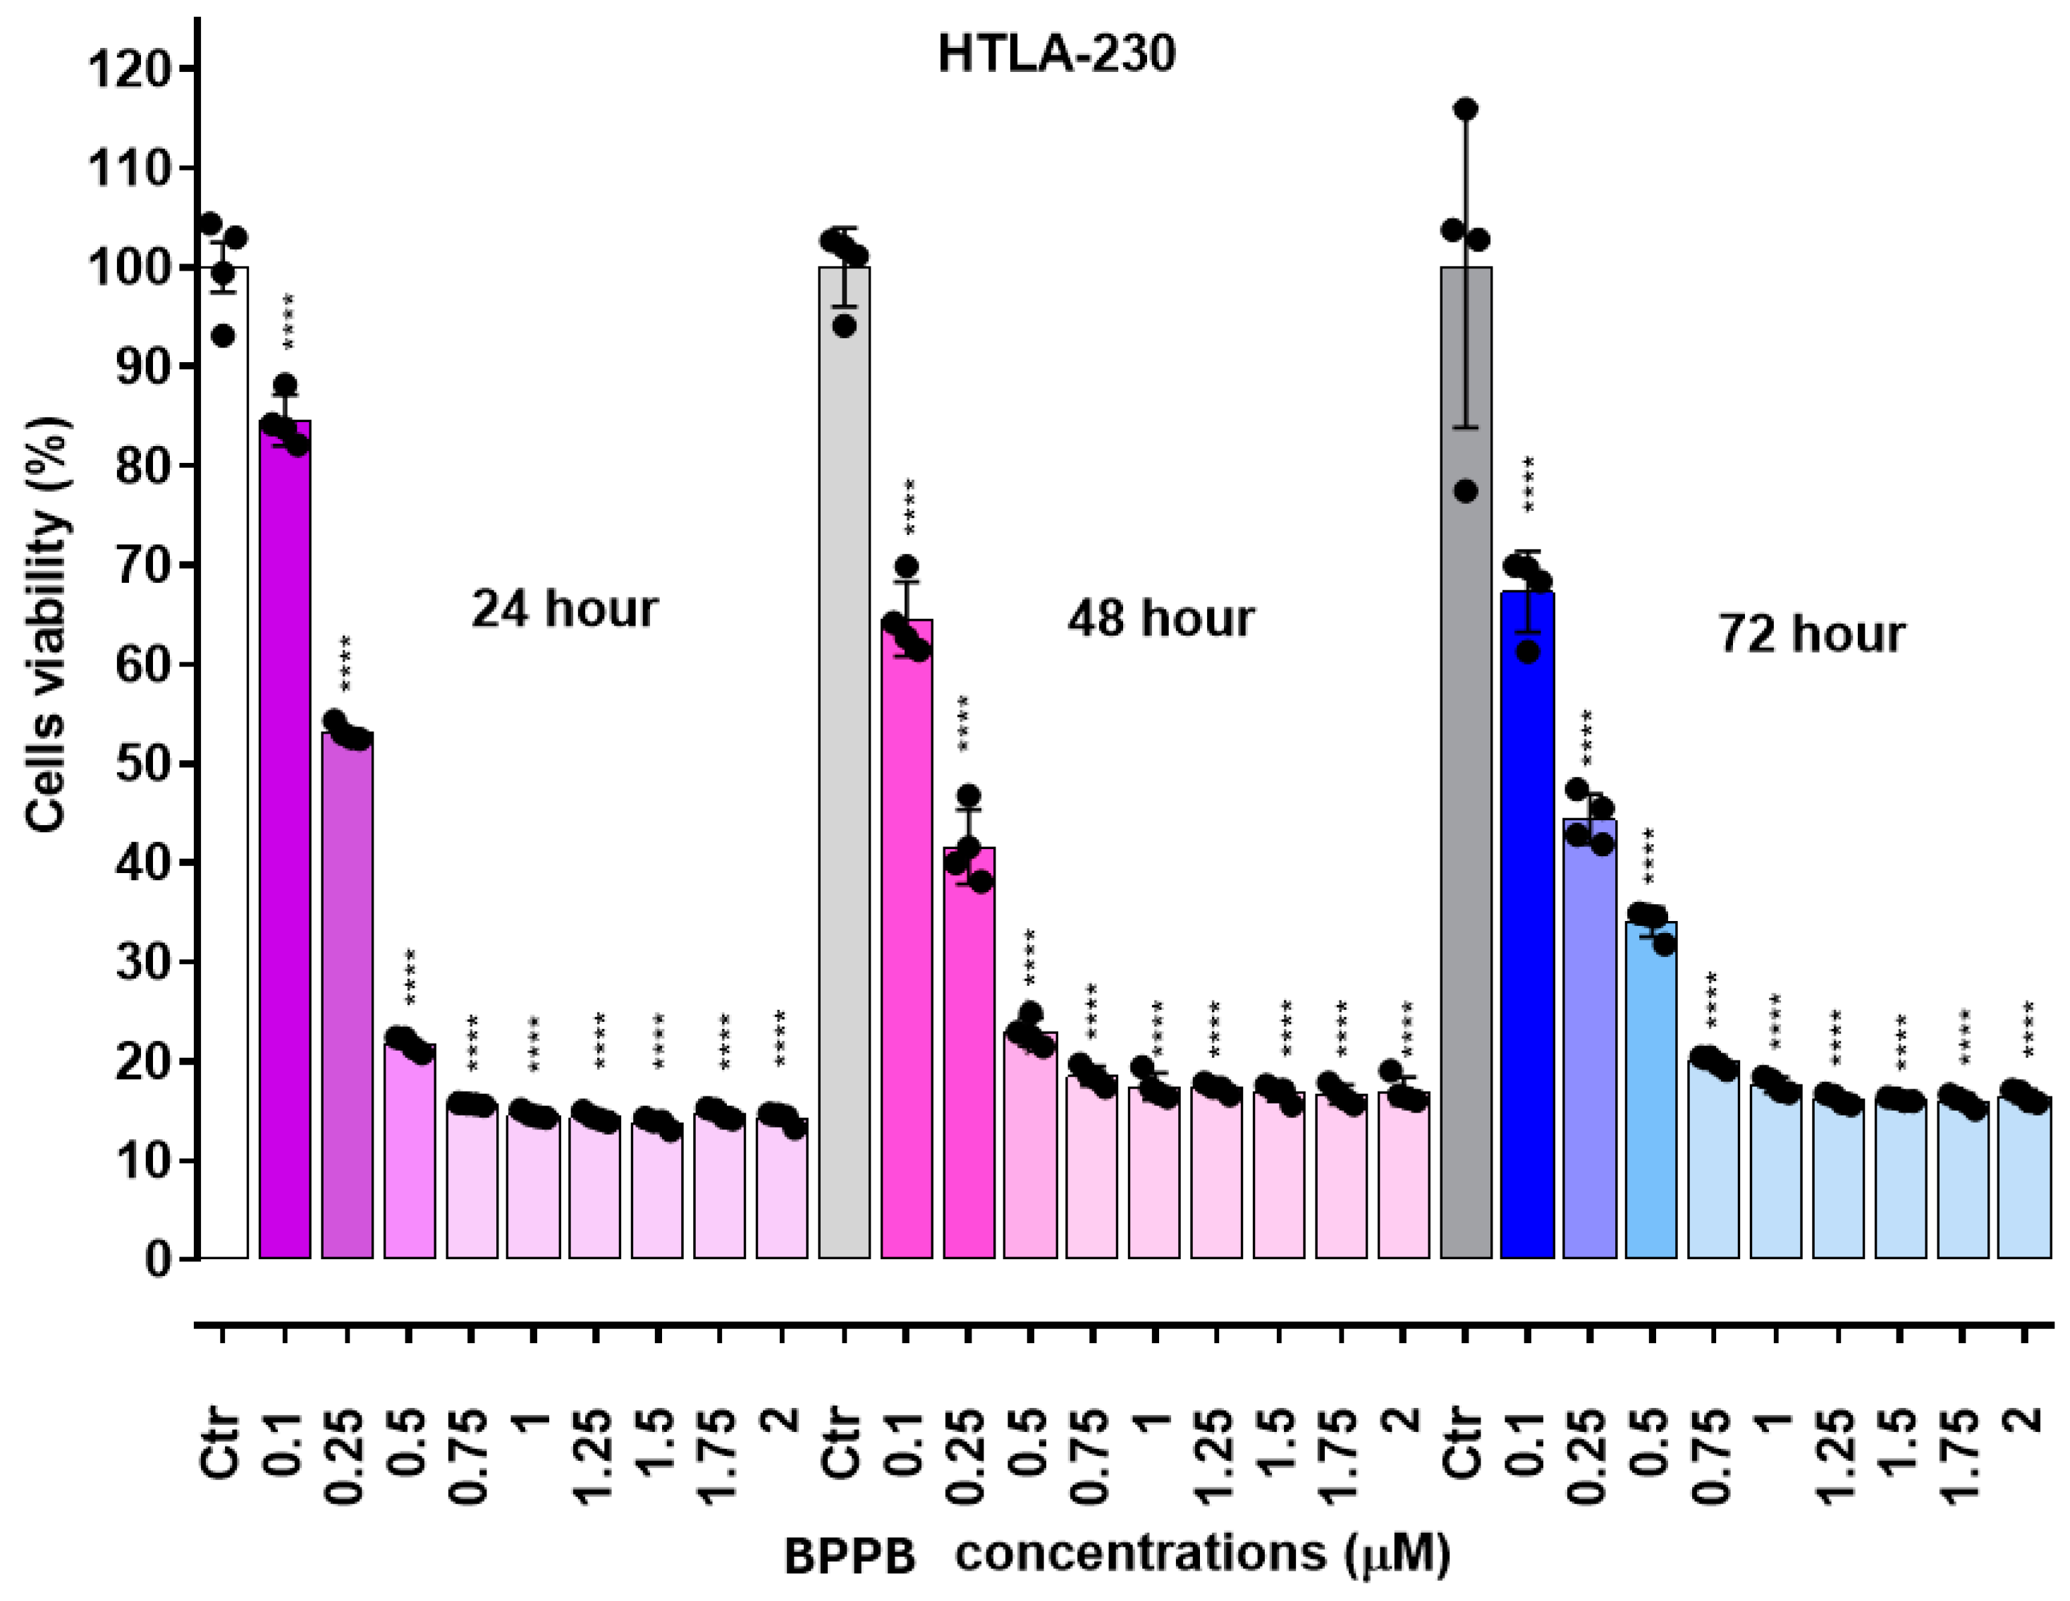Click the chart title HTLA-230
tap(1056, 54)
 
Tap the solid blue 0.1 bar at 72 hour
tap(1527, 928)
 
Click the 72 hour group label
tap(1811, 635)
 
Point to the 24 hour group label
tap(564, 609)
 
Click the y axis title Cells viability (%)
tap(47, 625)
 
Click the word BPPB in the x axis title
tap(850, 1557)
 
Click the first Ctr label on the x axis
tap(223, 1445)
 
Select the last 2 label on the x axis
tap(2023, 1421)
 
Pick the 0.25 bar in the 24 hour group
tap(347, 995)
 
